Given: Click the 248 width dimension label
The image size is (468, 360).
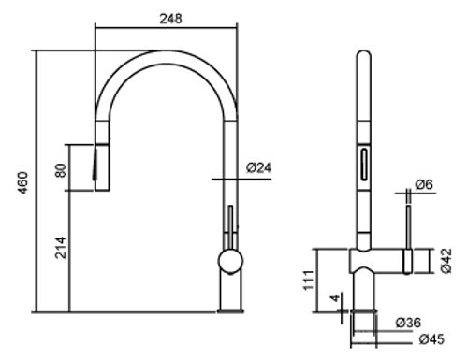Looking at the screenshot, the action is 170,19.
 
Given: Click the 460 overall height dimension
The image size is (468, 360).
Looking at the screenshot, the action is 23,182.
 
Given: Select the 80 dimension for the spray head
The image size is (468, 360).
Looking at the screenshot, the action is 61,170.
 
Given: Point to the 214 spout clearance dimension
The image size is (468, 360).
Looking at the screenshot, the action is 61,248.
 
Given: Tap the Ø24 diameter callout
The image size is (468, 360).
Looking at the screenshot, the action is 258,167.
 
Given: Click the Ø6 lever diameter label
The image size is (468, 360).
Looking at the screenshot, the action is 424,184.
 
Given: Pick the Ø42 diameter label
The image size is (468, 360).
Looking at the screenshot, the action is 446,261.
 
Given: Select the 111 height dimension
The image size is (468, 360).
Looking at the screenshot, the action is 309,281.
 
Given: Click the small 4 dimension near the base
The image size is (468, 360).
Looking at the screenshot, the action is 335,297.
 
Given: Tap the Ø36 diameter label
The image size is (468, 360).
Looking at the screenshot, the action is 408,323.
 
